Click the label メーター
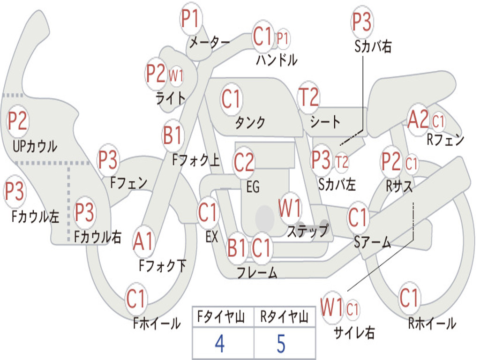click(x=210, y=42)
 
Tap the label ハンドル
click(x=277, y=60)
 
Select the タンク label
click(x=250, y=122)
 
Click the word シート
click(x=325, y=122)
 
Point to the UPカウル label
click(x=35, y=146)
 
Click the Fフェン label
click(x=128, y=183)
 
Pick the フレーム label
click(x=257, y=272)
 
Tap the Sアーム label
click(x=373, y=242)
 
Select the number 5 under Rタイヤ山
click(x=281, y=344)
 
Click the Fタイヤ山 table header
click(x=221, y=316)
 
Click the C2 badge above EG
click(x=244, y=163)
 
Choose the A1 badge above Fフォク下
click(x=143, y=241)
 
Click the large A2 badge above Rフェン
click(x=418, y=120)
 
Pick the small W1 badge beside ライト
click(x=176, y=75)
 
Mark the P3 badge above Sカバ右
click(x=361, y=22)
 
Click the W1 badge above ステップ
click(x=289, y=208)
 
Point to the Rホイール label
click(x=432, y=323)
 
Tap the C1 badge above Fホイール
click(x=135, y=299)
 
